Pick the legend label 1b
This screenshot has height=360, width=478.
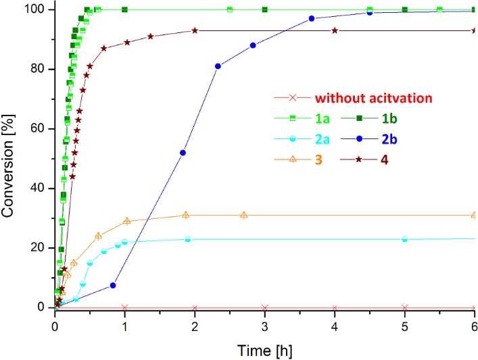pyautogui.click(x=389, y=119)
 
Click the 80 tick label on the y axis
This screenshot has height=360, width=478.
pyautogui.click(x=39, y=69)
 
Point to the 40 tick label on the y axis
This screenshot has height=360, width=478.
pyautogui.click(x=39, y=188)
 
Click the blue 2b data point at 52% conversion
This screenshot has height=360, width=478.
pyautogui.click(x=183, y=153)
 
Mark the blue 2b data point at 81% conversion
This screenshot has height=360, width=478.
pyautogui.click(x=218, y=66)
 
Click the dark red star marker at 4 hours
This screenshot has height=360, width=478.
pyautogui.click(x=335, y=30)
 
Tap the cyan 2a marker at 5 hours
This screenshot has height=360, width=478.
pyautogui.click(x=405, y=238)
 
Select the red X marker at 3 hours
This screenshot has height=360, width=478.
pyautogui.click(x=264, y=307)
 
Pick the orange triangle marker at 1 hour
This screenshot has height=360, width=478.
pyautogui.click(x=127, y=221)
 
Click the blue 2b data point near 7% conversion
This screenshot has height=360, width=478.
pyautogui.click(x=113, y=285)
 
